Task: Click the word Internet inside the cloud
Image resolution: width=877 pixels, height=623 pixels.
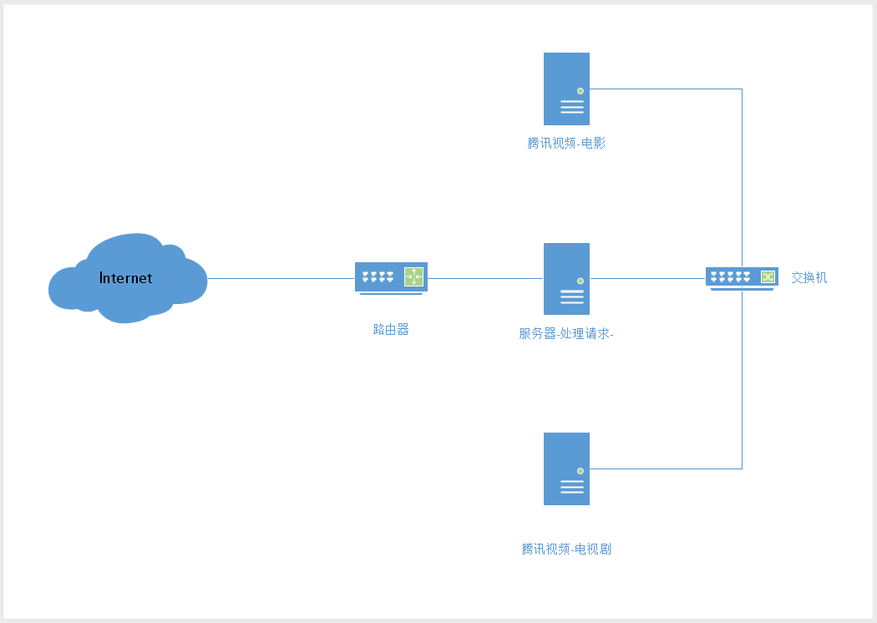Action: coord(126,278)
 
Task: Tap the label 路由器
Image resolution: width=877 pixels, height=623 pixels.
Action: coord(391,329)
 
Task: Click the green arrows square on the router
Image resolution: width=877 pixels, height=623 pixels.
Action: coord(414,276)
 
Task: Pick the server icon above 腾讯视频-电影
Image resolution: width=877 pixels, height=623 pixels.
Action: coord(566,89)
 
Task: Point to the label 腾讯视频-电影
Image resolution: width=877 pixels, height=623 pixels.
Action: coord(566,143)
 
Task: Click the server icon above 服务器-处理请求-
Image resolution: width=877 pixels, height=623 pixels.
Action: coord(566,279)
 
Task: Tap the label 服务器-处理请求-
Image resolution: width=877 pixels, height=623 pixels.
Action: coord(566,333)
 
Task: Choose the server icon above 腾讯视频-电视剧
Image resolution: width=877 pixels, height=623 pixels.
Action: coord(566,469)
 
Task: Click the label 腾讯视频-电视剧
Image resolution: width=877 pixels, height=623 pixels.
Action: coord(566,549)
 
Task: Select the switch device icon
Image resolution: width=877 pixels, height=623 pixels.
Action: coord(739,276)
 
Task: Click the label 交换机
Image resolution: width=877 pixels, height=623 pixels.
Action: coord(809,277)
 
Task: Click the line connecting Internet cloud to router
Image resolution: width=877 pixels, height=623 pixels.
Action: coord(281,278)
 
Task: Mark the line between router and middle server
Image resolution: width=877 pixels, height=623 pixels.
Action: coord(484,278)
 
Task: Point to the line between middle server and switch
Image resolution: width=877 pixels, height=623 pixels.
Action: coord(647,278)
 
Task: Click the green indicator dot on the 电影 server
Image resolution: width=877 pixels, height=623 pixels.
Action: coord(580,90)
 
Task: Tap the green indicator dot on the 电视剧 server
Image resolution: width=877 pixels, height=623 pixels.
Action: coord(580,470)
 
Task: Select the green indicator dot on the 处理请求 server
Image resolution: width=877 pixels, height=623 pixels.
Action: coord(580,281)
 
